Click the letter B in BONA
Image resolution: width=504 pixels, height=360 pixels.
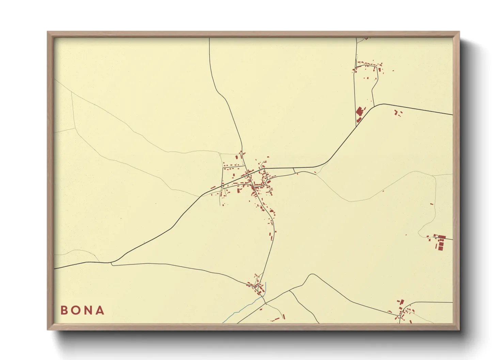(64, 310)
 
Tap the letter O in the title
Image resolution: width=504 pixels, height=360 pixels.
(76, 310)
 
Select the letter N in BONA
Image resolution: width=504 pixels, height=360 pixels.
(88, 310)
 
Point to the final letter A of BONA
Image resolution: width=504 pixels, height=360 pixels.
(100, 310)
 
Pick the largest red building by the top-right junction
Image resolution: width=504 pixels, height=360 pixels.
(359, 112)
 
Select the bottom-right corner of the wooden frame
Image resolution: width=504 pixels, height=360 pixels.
(459, 329)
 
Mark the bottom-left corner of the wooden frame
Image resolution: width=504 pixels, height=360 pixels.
(48, 329)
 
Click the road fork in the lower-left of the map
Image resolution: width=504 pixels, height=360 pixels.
(111, 263)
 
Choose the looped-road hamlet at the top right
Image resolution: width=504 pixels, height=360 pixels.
(368, 67)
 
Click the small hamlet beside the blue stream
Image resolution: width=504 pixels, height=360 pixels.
(257, 285)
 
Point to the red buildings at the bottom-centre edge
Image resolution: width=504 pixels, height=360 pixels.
(277, 318)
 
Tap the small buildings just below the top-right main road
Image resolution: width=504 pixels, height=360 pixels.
(397, 113)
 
